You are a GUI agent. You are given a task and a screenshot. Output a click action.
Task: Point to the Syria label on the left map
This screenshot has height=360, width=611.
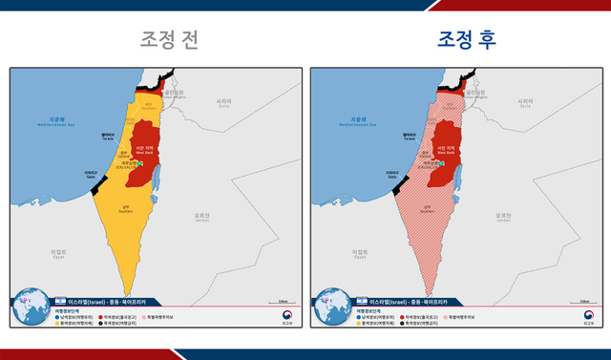(225, 102)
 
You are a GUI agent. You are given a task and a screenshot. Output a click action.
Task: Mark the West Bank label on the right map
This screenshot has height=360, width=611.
(445, 150)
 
